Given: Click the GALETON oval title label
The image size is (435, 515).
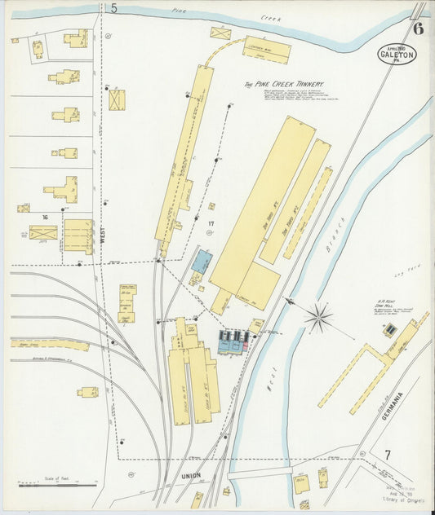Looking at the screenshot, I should tap(397, 55).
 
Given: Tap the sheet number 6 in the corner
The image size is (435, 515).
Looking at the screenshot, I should tap(418, 29).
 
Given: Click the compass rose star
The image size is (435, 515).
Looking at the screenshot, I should tap(319, 316).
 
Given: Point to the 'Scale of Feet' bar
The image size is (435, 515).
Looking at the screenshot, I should tap(57, 486).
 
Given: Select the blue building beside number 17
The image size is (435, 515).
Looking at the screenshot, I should tap(202, 262).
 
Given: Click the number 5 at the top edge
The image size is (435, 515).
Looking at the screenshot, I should tap(114, 8).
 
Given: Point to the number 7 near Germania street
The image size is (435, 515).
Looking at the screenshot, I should tap(388, 455).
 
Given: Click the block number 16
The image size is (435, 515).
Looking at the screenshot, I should tap(46, 217).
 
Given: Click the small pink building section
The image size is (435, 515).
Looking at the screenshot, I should tap(245, 346).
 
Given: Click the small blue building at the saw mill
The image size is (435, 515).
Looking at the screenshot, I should tap(390, 329).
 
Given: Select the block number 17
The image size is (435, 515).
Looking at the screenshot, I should tap(211, 222).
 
